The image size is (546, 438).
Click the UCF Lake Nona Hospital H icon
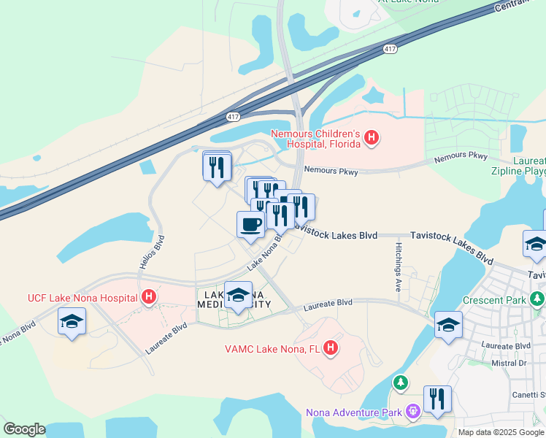point(149,297)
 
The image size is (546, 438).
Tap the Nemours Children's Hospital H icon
point(372,137)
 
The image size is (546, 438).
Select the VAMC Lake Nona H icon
point(331,348)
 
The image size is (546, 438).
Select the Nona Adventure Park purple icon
point(413,412)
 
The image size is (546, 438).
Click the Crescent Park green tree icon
point(537,299)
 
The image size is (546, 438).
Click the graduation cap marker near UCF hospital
point(72,322)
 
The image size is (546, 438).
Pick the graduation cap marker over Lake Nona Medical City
point(238,295)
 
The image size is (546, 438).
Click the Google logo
point(24,429)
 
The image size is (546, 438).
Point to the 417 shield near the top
point(390,49)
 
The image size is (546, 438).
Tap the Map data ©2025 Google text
point(500,432)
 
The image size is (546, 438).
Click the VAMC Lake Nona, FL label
point(273,348)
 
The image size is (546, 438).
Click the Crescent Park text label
point(494,300)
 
